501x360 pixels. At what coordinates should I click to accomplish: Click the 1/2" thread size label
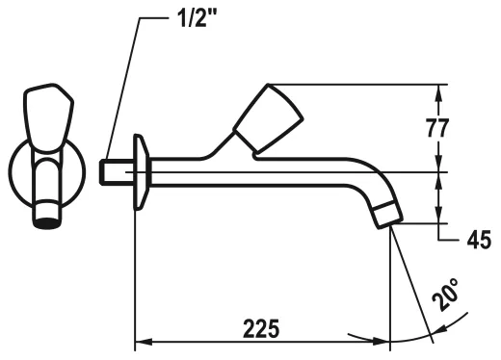pyautogui.click(x=197, y=17)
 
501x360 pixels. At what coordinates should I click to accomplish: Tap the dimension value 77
pyautogui.click(x=437, y=127)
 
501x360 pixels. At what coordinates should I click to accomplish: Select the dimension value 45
pyautogui.click(x=479, y=240)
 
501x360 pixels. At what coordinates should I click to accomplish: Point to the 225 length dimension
pyautogui.click(x=261, y=328)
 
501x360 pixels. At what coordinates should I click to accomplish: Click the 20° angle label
pyautogui.click(x=445, y=295)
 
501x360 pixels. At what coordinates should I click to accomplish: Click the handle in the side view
pyautogui.click(x=268, y=117)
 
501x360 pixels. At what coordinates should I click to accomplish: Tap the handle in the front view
pyautogui.click(x=49, y=117)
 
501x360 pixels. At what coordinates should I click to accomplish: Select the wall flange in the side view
pyautogui.click(x=141, y=172)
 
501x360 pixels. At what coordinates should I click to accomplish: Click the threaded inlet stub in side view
pyautogui.click(x=117, y=172)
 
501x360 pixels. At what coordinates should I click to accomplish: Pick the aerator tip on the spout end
pyautogui.click(x=387, y=215)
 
